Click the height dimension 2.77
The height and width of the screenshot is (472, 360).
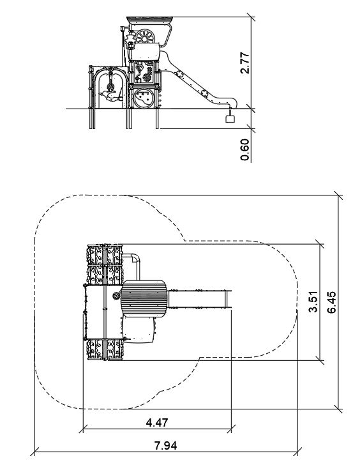(x=245, y=63)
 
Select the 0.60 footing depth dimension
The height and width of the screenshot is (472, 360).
(x=245, y=149)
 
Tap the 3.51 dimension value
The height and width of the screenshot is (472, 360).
(x=313, y=301)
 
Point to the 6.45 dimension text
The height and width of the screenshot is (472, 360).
(x=332, y=302)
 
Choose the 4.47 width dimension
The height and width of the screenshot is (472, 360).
(x=157, y=423)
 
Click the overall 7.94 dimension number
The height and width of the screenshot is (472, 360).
(x=166, y=446)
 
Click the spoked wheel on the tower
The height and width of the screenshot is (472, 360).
(x=145, y=36)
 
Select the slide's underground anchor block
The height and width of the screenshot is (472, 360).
(x=230, y=119)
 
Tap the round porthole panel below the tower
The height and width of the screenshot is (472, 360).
(x=143, y=98)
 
